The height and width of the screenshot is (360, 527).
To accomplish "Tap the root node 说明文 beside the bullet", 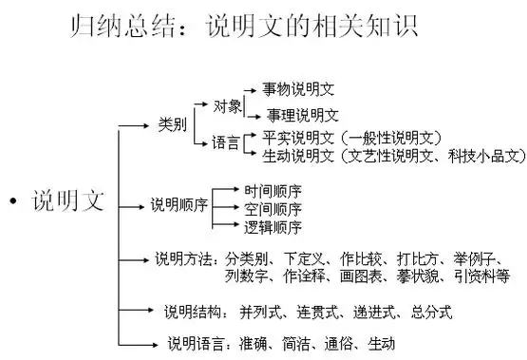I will (69, 200).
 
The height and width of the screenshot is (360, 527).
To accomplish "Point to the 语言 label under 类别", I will (226, 143).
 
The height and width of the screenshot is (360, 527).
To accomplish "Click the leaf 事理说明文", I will (302, 115).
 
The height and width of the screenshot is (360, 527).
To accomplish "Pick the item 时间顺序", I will (273, 189).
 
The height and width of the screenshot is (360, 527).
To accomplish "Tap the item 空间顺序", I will (273, 208).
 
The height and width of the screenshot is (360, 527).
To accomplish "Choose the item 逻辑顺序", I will (273, 227).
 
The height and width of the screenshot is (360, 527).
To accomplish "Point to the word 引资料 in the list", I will (487, 276).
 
